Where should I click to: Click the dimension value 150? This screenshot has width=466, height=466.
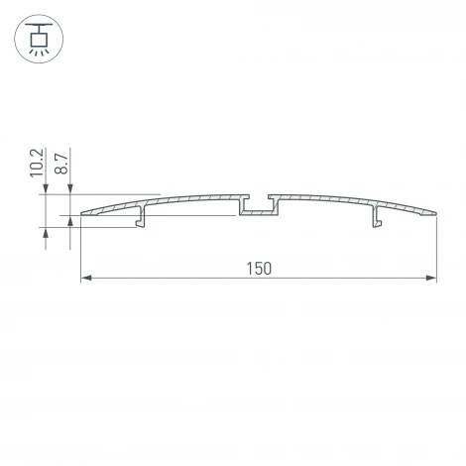(258, 268)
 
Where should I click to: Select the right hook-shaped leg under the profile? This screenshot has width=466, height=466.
(376, 216)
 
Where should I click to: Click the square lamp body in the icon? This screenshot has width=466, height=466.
(37, 39)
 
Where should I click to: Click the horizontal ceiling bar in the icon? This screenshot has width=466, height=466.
(37, 25)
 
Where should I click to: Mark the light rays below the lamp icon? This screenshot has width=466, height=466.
(37, 53)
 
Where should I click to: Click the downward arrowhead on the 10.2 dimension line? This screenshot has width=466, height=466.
(46, 189)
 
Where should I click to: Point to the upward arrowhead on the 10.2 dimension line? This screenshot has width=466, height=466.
(46, 233)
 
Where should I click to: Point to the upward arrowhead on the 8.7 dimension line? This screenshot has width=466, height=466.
(71, 223)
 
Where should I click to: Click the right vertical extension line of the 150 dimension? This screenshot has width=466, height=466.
(436, 248)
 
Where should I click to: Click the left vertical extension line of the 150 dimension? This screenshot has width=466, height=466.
(79, 248)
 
